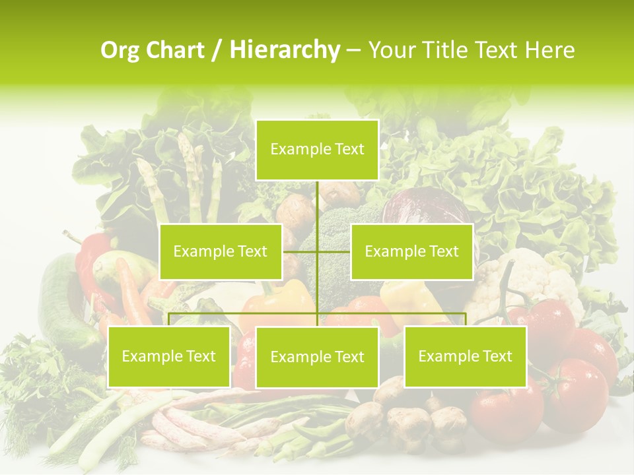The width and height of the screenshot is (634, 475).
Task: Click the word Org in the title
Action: pos(120,50)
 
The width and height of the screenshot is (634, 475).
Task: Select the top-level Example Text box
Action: pos(317,150)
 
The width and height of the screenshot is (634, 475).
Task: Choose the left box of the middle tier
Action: pos(221,251)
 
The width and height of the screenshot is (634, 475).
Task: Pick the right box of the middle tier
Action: pos(411,251)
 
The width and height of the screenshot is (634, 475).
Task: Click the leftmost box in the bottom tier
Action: pos(169,357)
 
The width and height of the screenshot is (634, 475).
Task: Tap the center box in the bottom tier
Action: pos(317,358)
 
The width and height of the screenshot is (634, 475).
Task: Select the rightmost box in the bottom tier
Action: pos(465,357)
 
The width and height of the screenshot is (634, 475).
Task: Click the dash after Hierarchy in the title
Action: pos(353,51)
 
